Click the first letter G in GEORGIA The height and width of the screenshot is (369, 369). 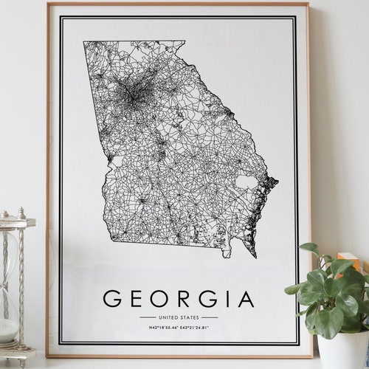[x=112, y=298]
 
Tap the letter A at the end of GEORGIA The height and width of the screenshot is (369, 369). [x=244, y=298]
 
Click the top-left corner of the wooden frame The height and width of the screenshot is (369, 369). [x=48, y=4]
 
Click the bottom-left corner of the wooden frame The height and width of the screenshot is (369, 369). [x=47, y=356]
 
